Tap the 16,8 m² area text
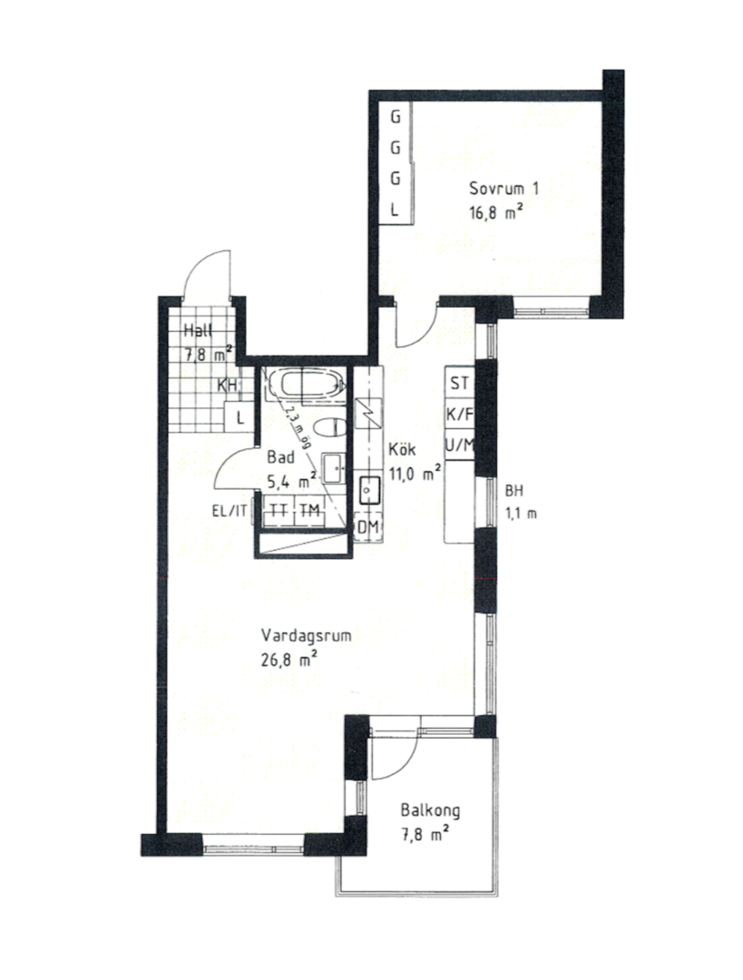click(x=496, y=212)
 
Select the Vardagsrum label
click(x=306, y=636)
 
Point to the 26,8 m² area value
click(x=288, y=660)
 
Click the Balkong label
click(x=431, y=810)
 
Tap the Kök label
click(x=402, y=449)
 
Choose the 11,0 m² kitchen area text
click(x=415, y=473)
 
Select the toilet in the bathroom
click(x=329, y=428)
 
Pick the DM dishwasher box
click(x=368, y=527)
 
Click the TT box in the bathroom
click(x=279, y=511)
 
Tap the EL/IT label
click(x=230, y=511)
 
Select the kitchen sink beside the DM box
click(x=370, y=491)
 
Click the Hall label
click(x=197, y=331)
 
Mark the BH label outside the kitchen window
click(x=513, y=491)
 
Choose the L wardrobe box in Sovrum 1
click(x=395, y=210)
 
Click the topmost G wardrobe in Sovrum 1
click(x=395, y=117)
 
